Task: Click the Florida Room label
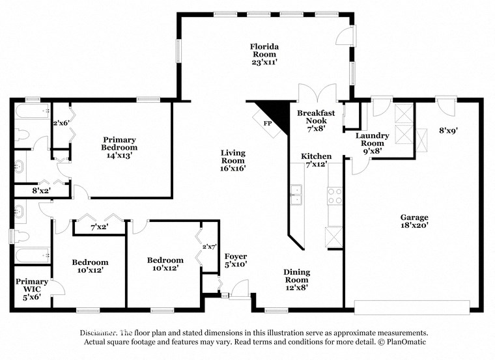coord(265,54)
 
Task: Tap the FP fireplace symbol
coord(268,122)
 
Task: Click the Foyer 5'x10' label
coord(235,260)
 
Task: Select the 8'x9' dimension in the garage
coord(449,130)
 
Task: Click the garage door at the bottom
coord(412,307)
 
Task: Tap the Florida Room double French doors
coord(317,94)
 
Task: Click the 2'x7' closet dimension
coord(210,247)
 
